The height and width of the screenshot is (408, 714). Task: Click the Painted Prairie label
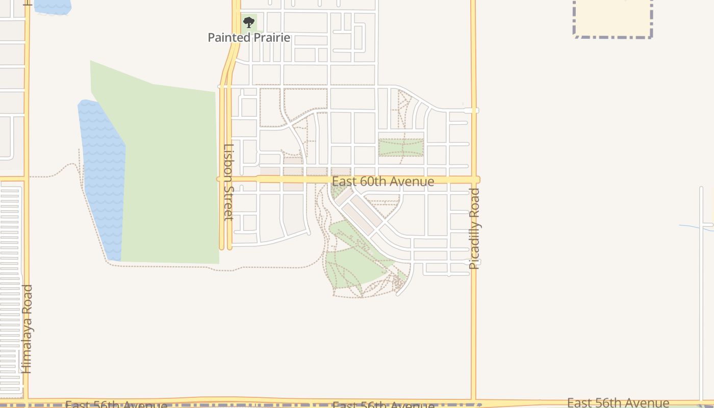tap(249, 37)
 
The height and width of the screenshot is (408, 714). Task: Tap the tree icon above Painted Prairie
tap(248, 22)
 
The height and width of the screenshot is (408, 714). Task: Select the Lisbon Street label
tap(228, 182)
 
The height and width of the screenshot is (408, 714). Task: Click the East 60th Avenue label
tap(383, 182)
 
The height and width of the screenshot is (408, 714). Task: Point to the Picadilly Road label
tap(474, 228)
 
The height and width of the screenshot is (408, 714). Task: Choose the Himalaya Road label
tap(27, 329)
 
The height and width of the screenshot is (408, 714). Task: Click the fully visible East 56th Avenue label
tap(618, 403)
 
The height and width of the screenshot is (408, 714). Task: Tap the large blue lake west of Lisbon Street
tap(102, 173)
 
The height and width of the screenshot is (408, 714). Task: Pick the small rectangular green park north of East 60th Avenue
tap(401, 147)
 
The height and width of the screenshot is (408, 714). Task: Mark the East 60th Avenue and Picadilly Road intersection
tap(474, 180)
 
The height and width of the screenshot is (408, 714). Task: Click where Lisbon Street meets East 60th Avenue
tap(225, 179)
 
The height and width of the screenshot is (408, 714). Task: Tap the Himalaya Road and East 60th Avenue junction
tap(27, 178)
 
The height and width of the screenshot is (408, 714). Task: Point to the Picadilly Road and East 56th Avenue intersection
tap(473, 401)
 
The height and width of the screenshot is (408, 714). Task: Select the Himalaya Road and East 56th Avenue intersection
tap(27, 400)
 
